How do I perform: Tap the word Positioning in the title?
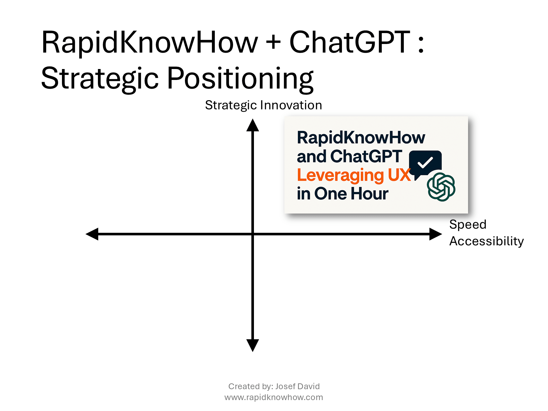240,79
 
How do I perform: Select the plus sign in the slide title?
274,42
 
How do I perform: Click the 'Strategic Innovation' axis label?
264,105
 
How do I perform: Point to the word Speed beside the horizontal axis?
468,224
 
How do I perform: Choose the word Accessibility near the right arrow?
486,241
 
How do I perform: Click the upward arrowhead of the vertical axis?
253,125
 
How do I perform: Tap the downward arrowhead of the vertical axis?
253,345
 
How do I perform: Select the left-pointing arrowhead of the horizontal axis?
92,234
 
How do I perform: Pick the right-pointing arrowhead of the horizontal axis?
436,234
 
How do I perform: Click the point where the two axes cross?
253,234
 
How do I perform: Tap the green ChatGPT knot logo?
441,187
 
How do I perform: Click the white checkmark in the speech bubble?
425,162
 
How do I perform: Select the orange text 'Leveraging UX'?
354,175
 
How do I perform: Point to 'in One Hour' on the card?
343,194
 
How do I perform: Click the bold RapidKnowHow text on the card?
361,138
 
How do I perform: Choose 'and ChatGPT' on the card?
350,156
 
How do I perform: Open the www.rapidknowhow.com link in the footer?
274,398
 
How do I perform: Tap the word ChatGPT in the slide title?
350,42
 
